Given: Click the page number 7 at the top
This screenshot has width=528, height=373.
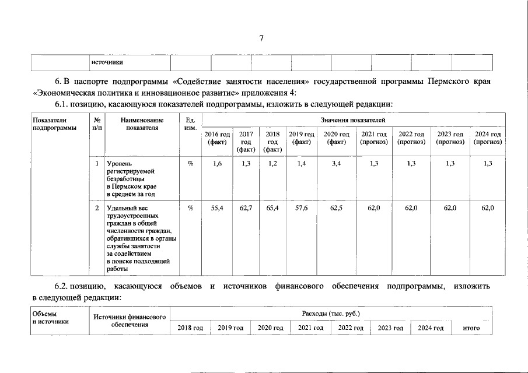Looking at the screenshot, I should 261,38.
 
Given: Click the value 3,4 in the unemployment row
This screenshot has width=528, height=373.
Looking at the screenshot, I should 336,164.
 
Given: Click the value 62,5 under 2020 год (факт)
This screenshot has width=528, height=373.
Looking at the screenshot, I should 336,208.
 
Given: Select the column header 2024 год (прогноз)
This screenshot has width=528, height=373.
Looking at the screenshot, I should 488,138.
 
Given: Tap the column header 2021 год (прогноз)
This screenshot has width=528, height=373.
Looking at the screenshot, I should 373,138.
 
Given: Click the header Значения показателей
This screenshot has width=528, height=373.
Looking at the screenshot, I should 353,119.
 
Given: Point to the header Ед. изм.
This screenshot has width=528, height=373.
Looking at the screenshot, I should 190,124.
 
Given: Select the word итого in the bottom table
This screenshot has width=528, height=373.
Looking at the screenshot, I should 471,328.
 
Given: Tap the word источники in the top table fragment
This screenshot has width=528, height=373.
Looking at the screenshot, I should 107,62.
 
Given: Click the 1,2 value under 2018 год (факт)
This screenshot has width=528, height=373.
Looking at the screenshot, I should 272,164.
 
